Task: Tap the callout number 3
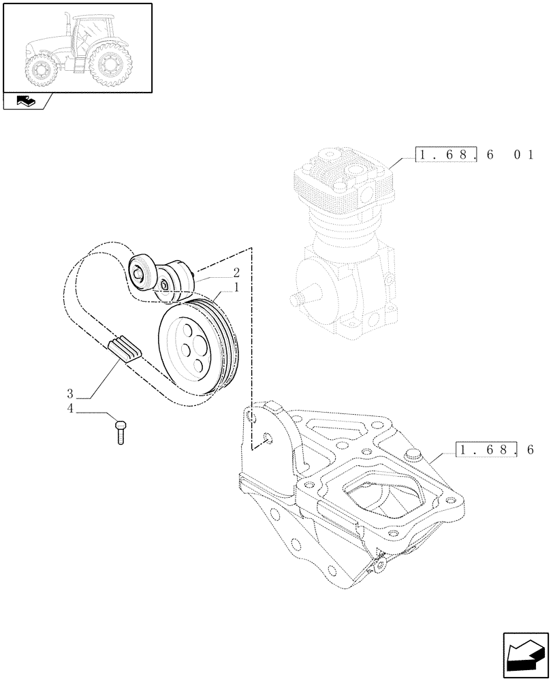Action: (70, 394)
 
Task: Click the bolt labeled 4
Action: (121, 432)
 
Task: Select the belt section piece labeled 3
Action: (124, 348)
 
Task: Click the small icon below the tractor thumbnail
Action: (27, 101)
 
